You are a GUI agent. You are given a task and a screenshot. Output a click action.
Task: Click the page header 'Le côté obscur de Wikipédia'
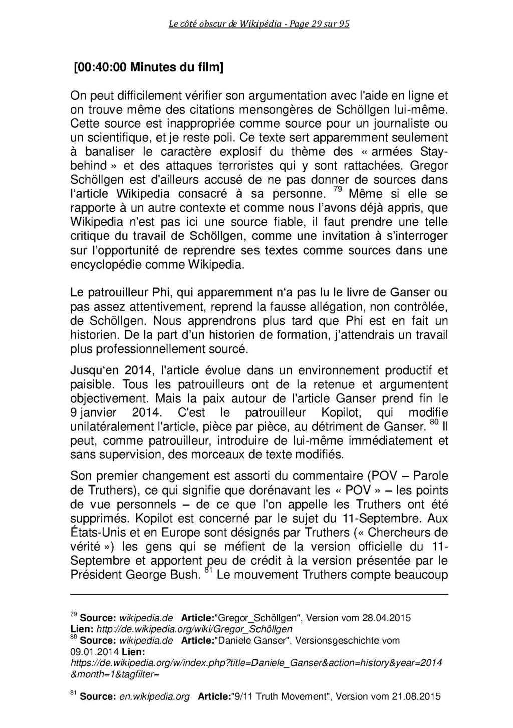point(230,24)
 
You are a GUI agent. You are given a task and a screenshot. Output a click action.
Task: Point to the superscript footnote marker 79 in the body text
point(337,189)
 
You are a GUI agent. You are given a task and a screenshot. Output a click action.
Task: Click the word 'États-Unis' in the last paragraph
point(101,532)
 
